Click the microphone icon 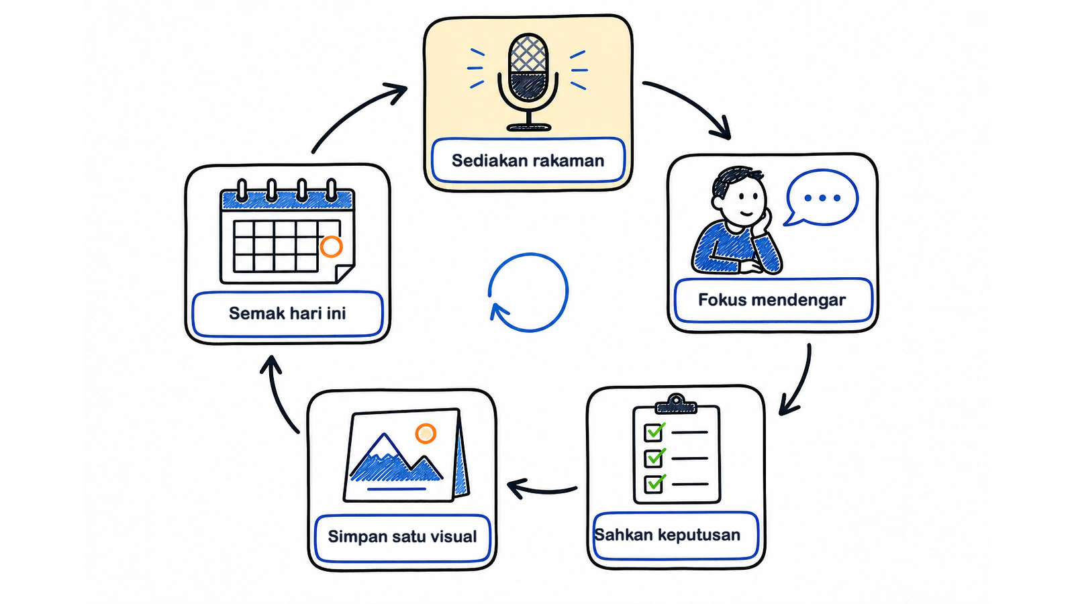coord(528,81)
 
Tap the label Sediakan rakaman coord(528,160)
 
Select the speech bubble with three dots coord(821,197)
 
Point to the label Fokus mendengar coord(772,300)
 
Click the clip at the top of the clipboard coord(676,404)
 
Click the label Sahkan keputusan coord(667,534)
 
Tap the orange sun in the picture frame coord(426,434)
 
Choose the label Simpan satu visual coord(402,536)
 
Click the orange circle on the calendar coord(332,246)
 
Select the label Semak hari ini coord(287,313)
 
